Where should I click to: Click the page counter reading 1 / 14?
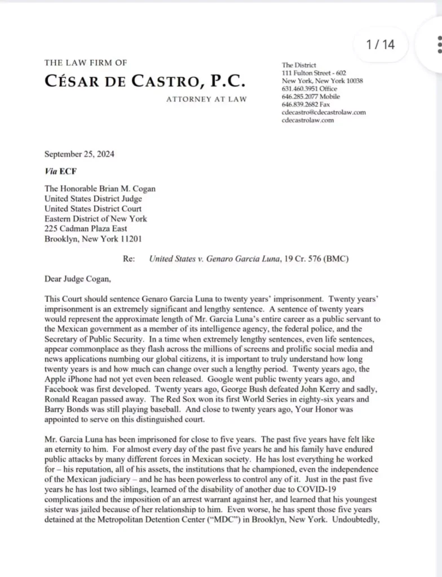(x=381, y=45)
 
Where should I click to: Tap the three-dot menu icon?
(x=439, y=44)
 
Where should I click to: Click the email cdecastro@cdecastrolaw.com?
(x=323, y=112)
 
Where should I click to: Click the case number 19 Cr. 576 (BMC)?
(x=321, y=259)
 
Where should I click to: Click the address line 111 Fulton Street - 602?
(x=313, y=73)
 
